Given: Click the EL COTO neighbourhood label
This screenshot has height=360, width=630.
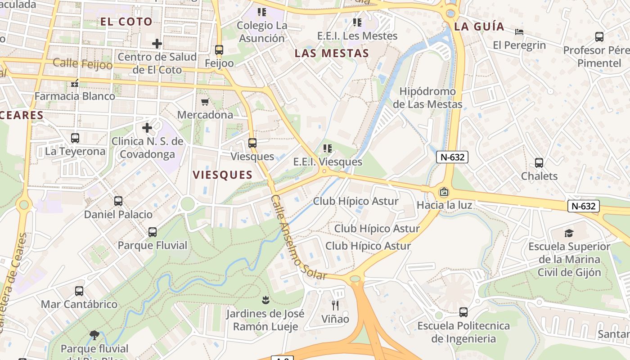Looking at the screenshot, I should click(126, 22).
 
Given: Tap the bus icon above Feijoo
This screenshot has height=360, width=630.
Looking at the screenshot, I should click(219, 50).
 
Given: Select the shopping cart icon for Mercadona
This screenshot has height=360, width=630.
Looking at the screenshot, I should click(205, 102).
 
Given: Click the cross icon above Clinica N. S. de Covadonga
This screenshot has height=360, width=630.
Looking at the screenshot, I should click(147, 128).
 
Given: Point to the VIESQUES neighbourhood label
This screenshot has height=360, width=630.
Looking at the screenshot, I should click(223, 175).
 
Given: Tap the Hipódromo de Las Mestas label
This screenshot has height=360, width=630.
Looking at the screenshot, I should click(427, 98).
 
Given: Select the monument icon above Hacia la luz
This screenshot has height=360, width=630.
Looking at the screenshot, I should click(444, 192).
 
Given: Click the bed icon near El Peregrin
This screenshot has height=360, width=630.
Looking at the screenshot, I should click(519, 32).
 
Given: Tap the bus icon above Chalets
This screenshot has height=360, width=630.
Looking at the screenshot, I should click(539, 163).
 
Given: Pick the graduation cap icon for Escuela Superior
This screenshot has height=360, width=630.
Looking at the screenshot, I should click(569, 233).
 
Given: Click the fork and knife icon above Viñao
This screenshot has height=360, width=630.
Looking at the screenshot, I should click(335, 306).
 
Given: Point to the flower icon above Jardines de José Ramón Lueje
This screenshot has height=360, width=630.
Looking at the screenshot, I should click(265, 299).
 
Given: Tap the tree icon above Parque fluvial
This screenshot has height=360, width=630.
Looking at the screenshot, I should click(94, 335).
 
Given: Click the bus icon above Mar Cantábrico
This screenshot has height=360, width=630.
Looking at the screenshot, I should click(79, 291).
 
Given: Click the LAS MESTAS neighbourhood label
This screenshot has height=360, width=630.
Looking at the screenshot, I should click(332, 54).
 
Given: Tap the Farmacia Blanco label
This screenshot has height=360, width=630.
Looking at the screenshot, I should click(75, 96).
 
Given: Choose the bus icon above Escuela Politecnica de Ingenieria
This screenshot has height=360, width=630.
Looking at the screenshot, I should click(463, 312).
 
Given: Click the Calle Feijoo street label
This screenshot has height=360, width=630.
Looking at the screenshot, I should click(83, 63).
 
